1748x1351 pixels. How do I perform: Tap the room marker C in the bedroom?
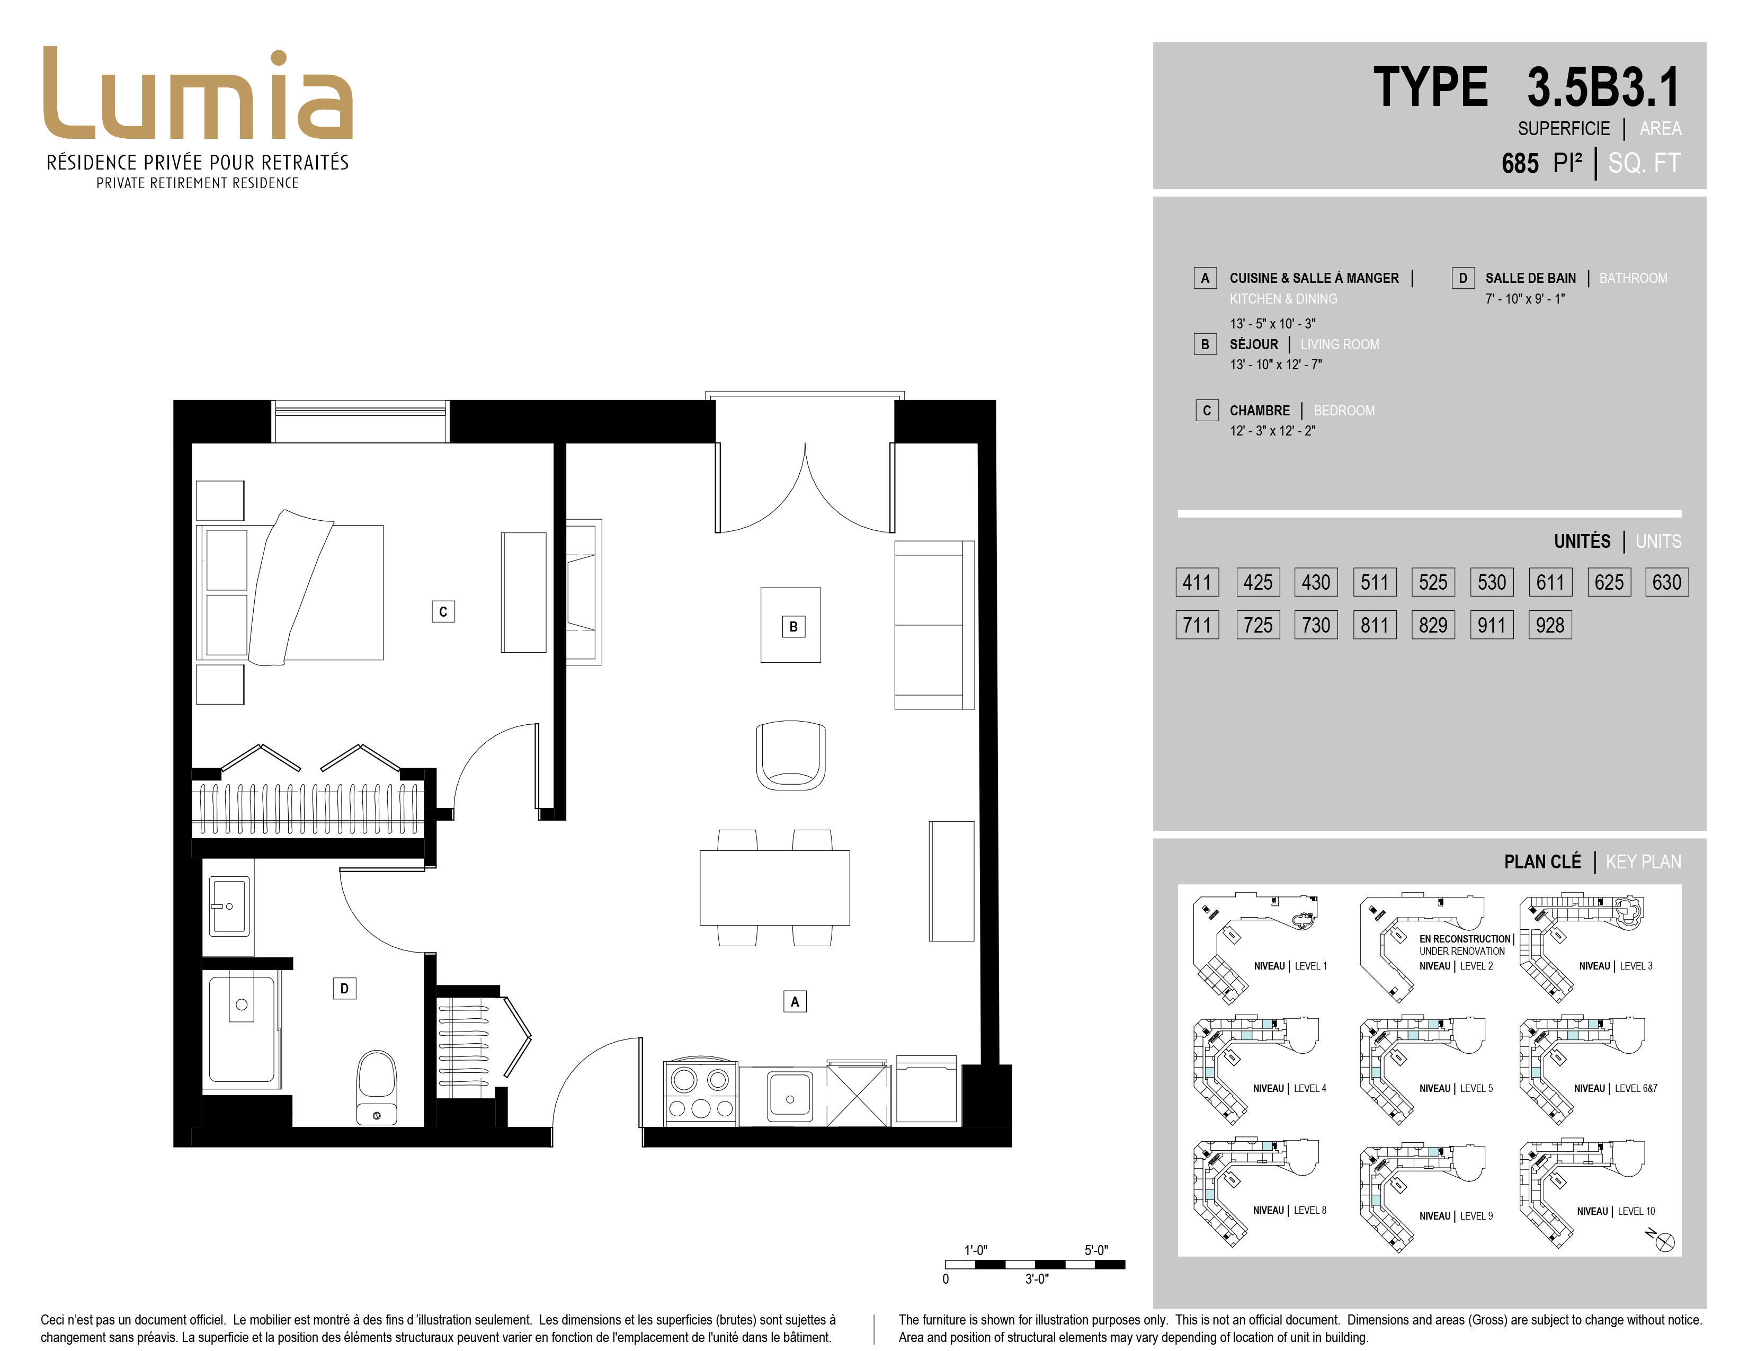coord(443,611)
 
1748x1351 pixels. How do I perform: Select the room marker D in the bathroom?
coord(344,989)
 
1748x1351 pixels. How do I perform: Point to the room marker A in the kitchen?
coord(794,1001)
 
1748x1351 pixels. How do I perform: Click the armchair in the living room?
coord(791,756)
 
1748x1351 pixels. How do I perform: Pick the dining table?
coord(775,887)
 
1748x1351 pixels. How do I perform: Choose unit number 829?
coord(1433,625)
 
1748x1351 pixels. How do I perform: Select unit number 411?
coord(1197,582)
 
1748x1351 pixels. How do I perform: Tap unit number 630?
coord(1667,582)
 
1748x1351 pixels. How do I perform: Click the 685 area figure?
coord(1520,163)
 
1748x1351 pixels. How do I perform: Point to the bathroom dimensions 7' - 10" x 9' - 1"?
coord(1524,298)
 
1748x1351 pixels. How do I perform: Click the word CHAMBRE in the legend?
coord(1260,411)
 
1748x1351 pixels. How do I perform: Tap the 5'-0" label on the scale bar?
coord(1096,1250)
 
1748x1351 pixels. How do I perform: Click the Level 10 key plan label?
coord(1616,1211)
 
